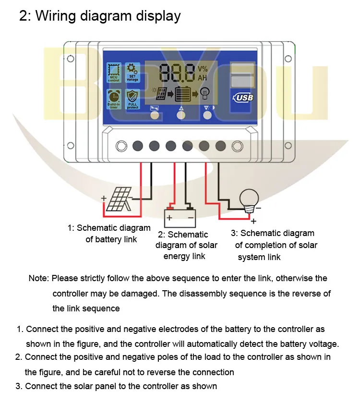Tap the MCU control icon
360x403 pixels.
[x=114, y=72]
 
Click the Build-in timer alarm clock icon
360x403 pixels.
[x=114, y=99]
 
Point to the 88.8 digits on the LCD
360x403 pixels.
[x=177, y=73]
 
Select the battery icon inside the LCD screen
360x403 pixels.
[x=182, y=94]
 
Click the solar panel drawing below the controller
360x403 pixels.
[x=119, y=199]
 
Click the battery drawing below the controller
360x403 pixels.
[x=180, y=217]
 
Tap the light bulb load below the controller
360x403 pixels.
[x=249, y=199]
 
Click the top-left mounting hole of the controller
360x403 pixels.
[x=71, y=59]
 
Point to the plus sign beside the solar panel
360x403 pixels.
[x=103, y=198]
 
